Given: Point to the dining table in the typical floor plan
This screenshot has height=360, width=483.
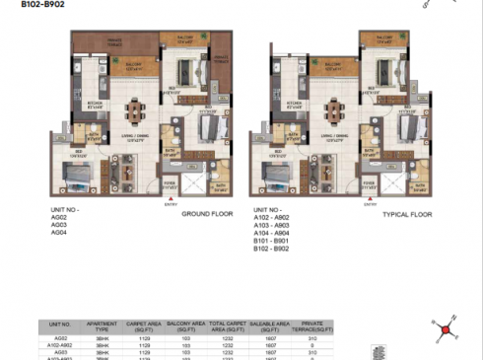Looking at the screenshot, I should tap(337, 106).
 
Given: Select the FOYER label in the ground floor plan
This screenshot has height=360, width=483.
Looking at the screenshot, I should tap(169, 181).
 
